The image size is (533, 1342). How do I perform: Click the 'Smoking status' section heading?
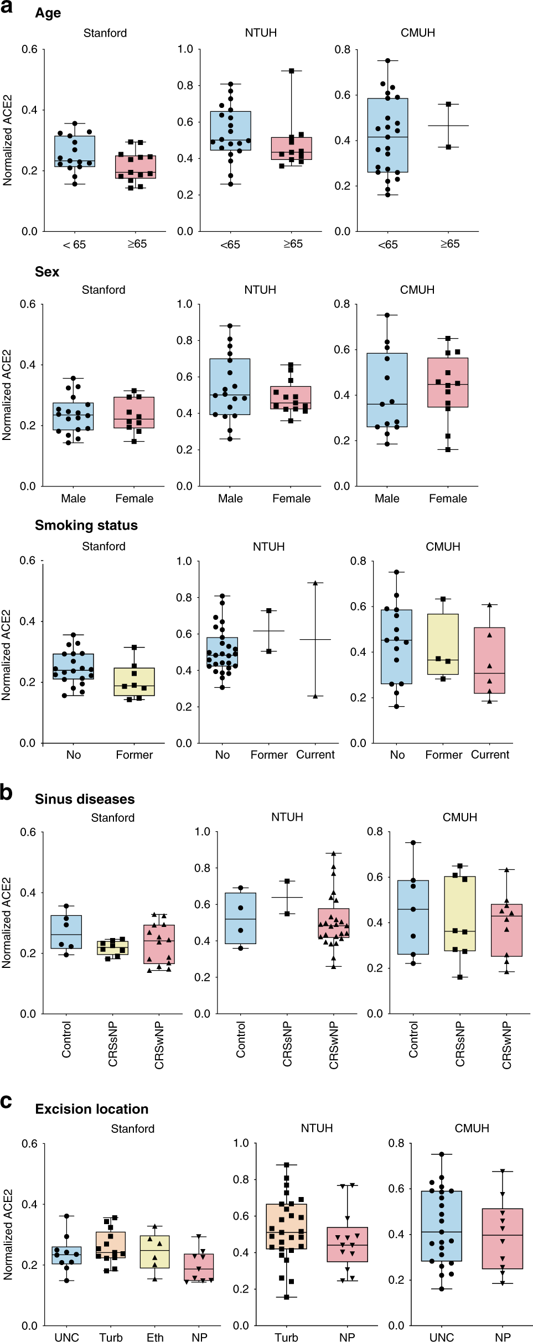(86, 525)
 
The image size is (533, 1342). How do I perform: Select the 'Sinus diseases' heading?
(85, 799)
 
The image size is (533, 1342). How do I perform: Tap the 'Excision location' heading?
(91, 1109)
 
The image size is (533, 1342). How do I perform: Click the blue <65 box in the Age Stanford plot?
(75, 151)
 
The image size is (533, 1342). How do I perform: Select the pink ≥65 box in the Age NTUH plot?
(292, 148)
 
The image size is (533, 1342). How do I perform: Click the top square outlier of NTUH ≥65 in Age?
(292, 71)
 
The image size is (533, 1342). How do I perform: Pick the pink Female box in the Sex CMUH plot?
(448, 382)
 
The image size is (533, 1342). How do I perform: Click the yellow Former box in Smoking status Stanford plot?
(134, 681)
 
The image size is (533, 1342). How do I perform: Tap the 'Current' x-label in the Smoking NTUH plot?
(315, 755)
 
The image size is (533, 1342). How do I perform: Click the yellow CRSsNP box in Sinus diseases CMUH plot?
(460, 914)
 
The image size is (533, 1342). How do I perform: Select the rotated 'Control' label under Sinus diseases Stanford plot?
(66, 1040)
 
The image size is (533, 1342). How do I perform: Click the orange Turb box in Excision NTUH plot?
(287, 1226)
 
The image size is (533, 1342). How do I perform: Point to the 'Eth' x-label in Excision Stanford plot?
(155, 1337)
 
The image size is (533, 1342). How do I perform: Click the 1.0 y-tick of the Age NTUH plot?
(185, 49)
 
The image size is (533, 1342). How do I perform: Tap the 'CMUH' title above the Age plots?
(418, 33)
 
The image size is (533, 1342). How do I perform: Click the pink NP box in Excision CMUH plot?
(503, 1239)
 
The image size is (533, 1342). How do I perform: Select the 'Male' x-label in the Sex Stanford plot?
(73, 499)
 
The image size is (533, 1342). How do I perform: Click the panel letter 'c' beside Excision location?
(6, 1101)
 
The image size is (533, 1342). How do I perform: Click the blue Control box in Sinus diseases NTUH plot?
(240, 918)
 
